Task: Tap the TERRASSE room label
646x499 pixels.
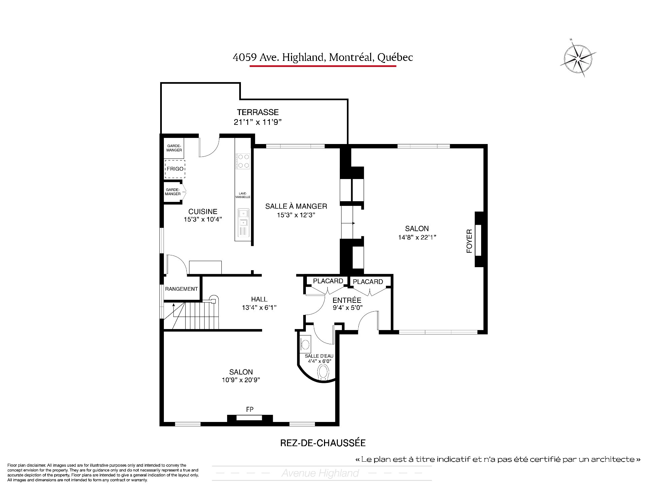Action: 258,112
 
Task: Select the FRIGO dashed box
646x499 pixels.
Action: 175,169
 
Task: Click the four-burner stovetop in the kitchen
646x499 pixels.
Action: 243,161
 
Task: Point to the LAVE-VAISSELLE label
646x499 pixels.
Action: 243,195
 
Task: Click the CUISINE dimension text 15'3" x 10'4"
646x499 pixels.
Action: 203,220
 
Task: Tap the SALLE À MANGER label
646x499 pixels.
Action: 296,206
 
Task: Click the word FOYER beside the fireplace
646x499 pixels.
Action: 469,241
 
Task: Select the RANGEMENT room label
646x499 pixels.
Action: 181,289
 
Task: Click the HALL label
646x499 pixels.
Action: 259,299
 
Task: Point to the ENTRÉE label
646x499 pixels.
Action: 347,300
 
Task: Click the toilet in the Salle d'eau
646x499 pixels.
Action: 323,373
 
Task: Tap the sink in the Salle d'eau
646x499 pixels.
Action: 305,344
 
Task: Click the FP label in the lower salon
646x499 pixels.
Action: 250,409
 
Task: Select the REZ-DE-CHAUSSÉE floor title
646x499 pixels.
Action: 323,443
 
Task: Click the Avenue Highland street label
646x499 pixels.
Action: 320,473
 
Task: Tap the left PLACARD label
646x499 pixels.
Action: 328,281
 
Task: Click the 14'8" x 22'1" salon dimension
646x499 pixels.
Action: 417,237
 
